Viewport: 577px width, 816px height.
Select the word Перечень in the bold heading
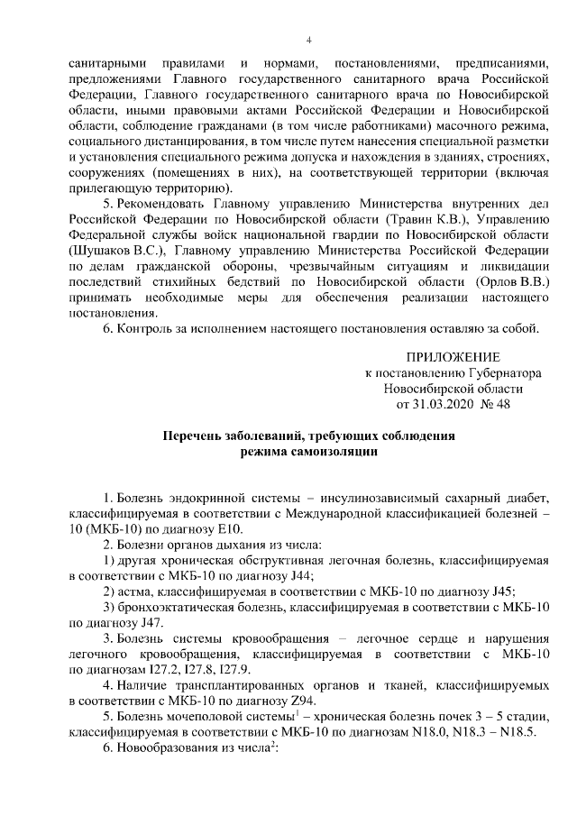(192, 437)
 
